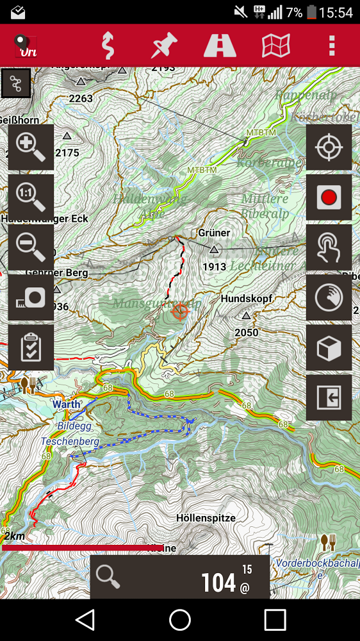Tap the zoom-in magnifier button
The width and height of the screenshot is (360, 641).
(31, 147)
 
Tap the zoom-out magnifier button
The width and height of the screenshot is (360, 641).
(31, 247)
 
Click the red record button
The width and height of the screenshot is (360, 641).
(329, 197)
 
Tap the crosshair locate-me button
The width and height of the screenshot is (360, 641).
(329, 147)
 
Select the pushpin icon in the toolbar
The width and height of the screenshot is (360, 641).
(165, 46)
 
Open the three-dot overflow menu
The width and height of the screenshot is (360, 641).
(331, 46)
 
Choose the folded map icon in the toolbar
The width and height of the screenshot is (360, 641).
(276, 46)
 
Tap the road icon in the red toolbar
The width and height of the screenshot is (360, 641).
(220, 46)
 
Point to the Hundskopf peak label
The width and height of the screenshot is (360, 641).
(247, 299)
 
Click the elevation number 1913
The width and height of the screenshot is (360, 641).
(215, 267)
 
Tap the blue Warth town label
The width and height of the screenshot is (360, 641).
(67, 404)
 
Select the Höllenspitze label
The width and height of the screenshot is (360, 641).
(206, 518)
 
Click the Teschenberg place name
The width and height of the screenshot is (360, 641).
(70, 442)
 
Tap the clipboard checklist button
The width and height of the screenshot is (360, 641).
(31, 347)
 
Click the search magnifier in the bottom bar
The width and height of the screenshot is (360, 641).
(108, 577)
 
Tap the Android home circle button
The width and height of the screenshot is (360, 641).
(180, 620)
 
